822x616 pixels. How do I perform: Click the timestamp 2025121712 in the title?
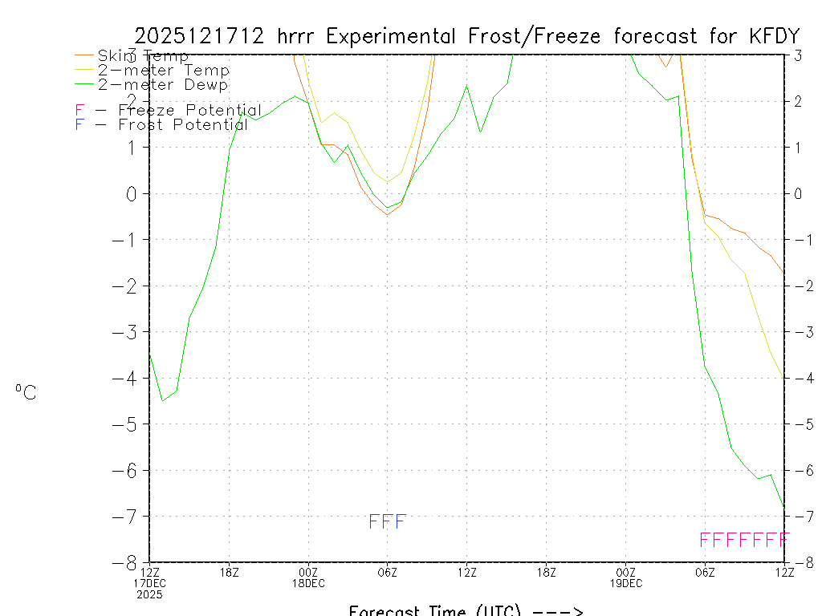pyautogui.click(x=201, y=36)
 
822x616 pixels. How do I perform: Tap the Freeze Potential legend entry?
pyautogui.click(x=169, y=111)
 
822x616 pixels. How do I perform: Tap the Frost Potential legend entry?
pyautogui.click(x=161, y=125)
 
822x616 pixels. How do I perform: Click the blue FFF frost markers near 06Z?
pyautogui.click(x=388, y=522)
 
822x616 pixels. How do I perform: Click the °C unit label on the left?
pyautogui.click(x=26, y=393)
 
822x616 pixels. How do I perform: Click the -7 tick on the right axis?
pyautogui.click(x=800, y=516)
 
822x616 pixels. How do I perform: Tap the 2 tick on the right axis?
pyautogui.click(x=799, y=101)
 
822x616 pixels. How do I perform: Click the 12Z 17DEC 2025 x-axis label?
pyautogui.click(x=149, y=582)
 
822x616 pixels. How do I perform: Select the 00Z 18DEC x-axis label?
pyautogui.click(x=308, y=577)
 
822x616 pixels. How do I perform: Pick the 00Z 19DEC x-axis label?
pyautogui.click(x=626, y=577)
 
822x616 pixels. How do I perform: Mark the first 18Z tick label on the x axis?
pyautogui.click(x=229, y=572)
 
